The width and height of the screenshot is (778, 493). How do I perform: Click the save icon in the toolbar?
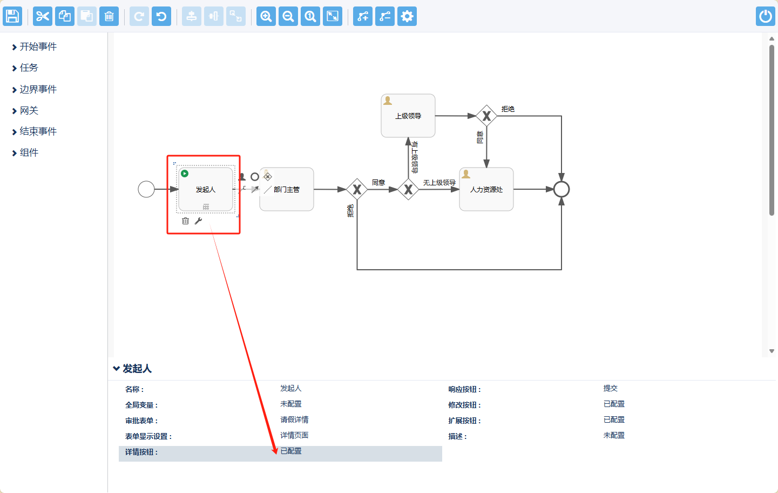[12, 16]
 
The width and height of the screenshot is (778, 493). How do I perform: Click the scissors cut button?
[42, 16]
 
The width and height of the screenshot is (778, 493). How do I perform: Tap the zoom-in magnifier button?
[266, 16]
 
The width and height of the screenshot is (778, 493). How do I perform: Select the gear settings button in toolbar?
[407, 16]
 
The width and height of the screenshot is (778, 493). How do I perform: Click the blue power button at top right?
[765, 16]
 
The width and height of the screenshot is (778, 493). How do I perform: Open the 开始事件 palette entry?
[38, 47]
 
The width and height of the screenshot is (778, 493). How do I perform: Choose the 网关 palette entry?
[29, 111]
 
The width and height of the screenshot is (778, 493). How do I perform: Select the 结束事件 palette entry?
[38, 132]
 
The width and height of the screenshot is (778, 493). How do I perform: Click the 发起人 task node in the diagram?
[206, 189]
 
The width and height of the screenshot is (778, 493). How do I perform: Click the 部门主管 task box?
[287, 189]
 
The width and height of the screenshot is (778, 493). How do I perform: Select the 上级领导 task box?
[408, 116]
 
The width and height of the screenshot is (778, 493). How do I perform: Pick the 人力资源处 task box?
[486, 189]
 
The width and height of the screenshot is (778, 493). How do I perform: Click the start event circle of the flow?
[146, 189]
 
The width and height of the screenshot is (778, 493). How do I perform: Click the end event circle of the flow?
[561, 189]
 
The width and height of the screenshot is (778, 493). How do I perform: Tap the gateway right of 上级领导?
[486, 116]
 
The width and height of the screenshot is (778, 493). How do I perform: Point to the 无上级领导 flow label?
[439, 183]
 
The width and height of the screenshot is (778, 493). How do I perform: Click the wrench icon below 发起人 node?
[198, 221]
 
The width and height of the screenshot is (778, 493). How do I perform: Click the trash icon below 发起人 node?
[186, 221]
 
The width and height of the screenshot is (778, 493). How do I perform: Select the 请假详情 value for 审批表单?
[294, 420]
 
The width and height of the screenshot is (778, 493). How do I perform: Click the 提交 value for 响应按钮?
[610, 389]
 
